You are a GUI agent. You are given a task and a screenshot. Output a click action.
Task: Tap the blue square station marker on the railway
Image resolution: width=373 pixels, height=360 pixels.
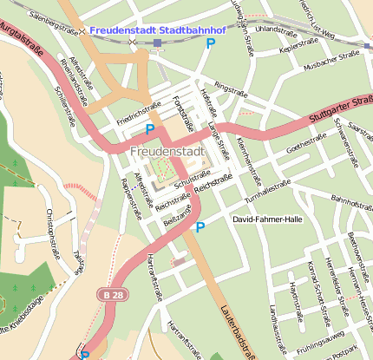pyautogui.click(x=157, y=43)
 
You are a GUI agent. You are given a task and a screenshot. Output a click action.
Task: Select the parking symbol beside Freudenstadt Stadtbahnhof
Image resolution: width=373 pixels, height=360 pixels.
pyautogui.click(x=211, y=43)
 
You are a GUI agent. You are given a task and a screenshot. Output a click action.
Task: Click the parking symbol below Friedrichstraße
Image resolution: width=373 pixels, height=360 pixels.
pyautogui.click(x=150, y=130)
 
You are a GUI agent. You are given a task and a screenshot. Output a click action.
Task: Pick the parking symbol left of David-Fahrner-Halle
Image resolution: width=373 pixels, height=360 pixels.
pyautogui.click(x=200, y=227)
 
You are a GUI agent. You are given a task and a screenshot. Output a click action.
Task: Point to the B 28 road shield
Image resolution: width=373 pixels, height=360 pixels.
pyautogui.click(x=108, y=296)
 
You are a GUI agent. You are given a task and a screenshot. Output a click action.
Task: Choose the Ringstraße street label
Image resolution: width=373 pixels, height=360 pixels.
pyautogui.click(x=230, y=88)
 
